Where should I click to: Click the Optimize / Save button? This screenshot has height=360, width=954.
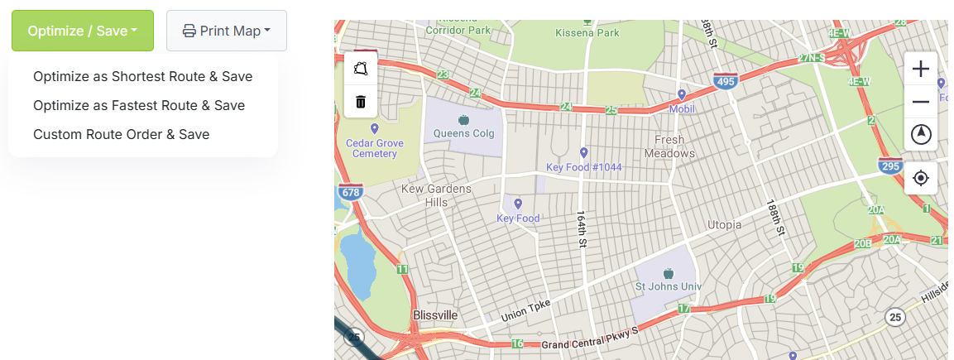coord(82,31)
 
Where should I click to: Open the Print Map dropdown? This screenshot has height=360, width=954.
coord(227,31)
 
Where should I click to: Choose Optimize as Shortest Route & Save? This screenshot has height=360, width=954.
coord(142,76)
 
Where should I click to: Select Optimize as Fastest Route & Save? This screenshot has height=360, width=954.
coord(139,105)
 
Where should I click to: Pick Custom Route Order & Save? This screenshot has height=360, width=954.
coord(121,134)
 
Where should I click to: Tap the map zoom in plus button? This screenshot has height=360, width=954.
coord(920,70)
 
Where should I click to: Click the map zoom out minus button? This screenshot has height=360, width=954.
coord(920,102)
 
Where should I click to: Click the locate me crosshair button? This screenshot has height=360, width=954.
coord(920,177)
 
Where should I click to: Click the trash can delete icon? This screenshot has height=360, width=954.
coord(361,102)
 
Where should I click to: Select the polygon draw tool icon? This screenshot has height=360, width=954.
coord(361,70)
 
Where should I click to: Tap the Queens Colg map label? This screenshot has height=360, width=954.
coord(463,132)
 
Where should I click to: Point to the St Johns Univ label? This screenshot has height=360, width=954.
coord(668,286)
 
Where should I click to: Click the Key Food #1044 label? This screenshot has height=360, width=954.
coord(583,167)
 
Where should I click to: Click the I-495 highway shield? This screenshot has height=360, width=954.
coord(725,81)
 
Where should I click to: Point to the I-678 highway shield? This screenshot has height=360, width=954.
coord(349,193)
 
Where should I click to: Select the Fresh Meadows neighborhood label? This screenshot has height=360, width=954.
coord(669,146)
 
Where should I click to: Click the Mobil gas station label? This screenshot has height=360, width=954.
coord(681,108)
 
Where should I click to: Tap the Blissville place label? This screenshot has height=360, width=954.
coord(434,315)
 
